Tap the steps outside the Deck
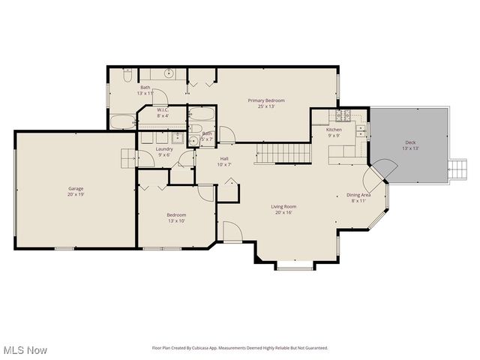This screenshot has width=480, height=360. click(456, 169)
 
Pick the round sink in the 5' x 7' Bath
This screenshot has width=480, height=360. click(193, 140)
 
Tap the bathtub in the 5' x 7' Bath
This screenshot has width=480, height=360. click(202, 116)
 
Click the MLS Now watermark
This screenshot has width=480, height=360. click(25, 350)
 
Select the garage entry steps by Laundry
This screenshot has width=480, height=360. click(127, 157)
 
